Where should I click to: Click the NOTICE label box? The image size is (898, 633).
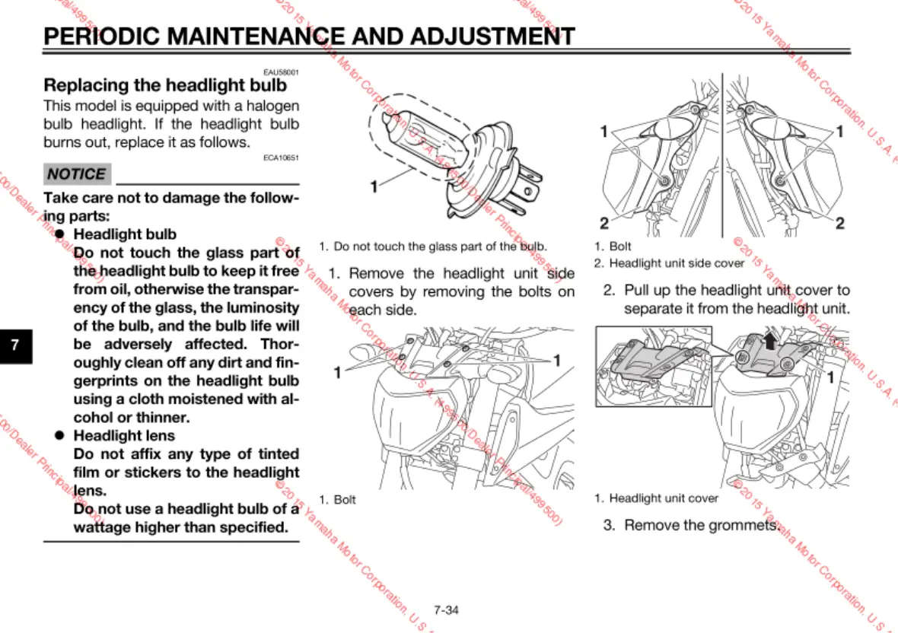[x=77, y=174]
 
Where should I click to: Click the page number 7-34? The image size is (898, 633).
[x=446, y=609]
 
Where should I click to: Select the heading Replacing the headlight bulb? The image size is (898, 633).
[x=165, y=84]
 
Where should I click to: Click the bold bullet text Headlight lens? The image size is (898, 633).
[x=124, y=436]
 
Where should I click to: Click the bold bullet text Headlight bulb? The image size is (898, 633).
[x=125, y=234]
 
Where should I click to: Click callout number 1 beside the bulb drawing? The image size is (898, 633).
[x=374, y=186]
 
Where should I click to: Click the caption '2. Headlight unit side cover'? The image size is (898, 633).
[x=669, y=263]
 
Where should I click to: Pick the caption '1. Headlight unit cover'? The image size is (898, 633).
[x=656, y=498]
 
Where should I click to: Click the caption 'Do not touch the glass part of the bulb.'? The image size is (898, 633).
[x=433, y=247]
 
